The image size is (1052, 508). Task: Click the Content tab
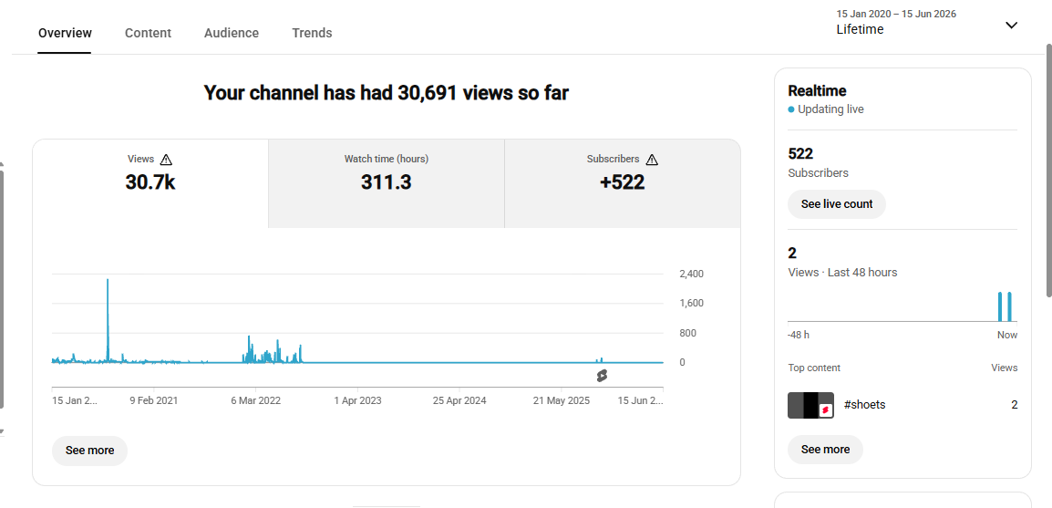pos(148,33)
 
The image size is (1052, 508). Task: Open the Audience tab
pos(232,33)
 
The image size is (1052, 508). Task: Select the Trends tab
pos(312,33)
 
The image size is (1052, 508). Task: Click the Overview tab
pos(65,33)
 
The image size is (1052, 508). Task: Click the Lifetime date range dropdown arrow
pos(1012,26)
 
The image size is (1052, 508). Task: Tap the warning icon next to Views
pos(167,160)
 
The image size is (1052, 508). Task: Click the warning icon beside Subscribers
pos(652,160)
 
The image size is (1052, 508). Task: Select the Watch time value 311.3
pos(387,182)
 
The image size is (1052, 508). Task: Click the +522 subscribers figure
pos(623,182)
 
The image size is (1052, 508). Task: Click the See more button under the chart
pos(90,451)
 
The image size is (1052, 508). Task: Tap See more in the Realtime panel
pos(825,450)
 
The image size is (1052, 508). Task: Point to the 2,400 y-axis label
pos(692,274)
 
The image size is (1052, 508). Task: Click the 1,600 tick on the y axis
pos(692,304)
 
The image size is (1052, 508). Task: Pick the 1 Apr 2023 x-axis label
pos(357,400)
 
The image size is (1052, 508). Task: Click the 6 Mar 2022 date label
pos(255,400)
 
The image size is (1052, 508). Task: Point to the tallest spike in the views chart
pos(108,280)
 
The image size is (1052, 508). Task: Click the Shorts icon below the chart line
pos(602,376)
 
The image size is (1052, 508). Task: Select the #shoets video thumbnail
pos(810,405)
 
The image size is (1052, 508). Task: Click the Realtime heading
pos(817,91)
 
